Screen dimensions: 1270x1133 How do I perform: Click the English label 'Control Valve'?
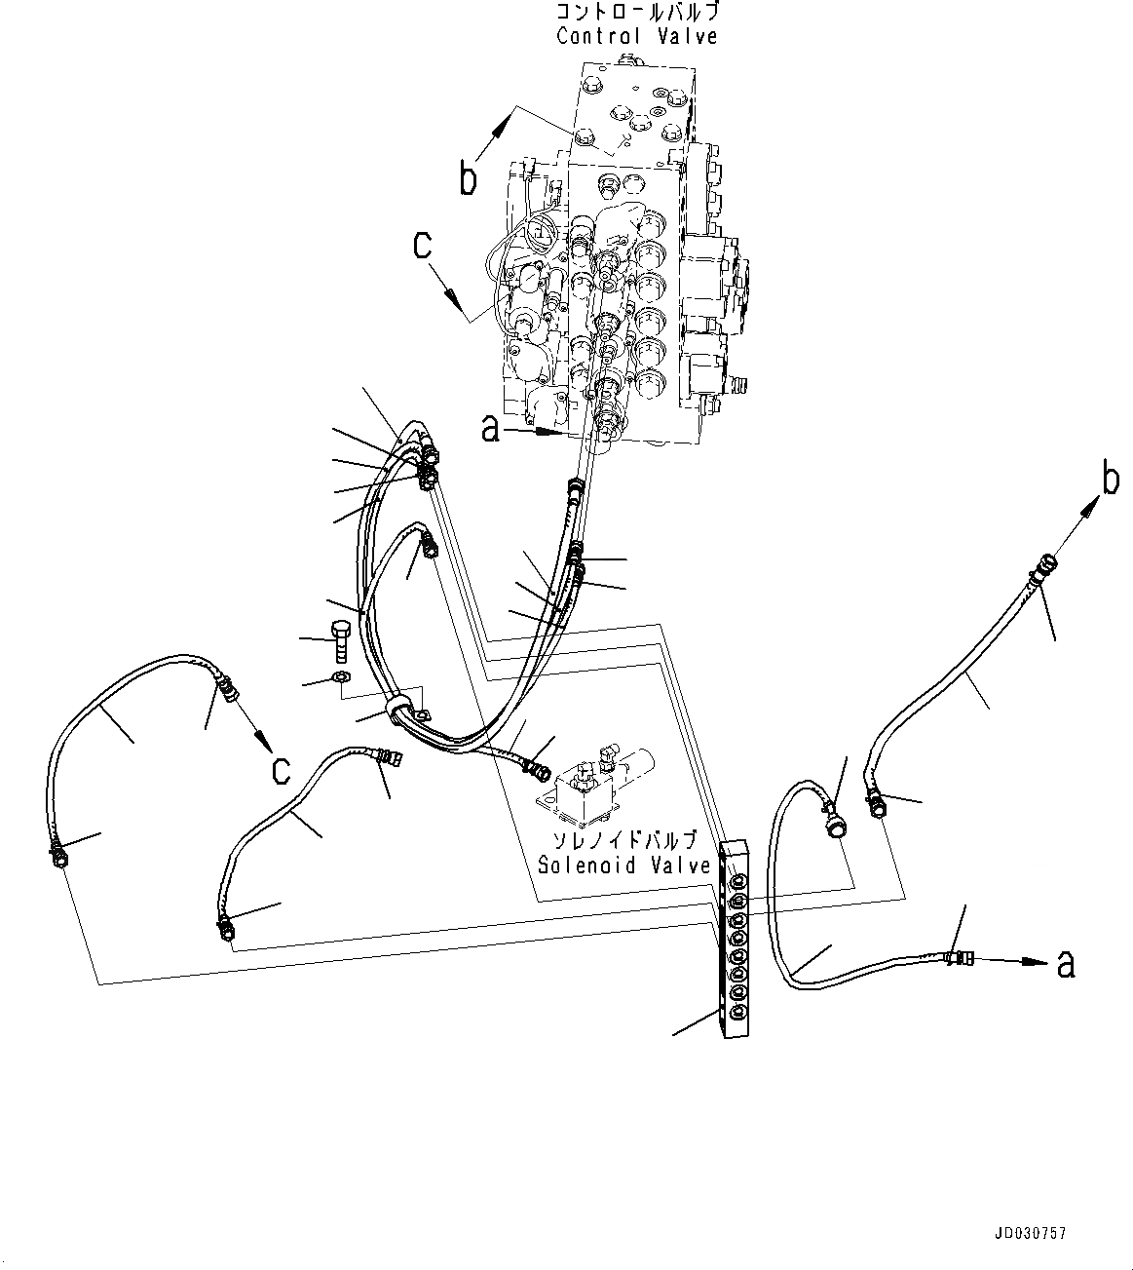tap(637, 36)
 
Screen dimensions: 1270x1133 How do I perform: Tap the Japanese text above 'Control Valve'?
tap(637, 13)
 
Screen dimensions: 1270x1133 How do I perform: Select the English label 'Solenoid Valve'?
tap(624, 865)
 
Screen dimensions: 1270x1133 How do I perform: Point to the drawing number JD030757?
tap(1030, 1233)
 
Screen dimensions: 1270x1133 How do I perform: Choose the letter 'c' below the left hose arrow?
tap(281, 769)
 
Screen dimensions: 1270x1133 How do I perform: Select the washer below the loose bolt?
tap(338, 677)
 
